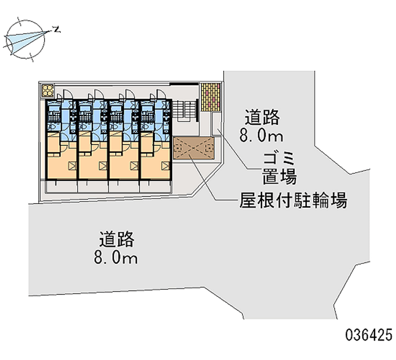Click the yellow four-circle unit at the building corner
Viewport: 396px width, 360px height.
48,90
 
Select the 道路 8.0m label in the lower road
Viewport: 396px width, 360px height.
117,248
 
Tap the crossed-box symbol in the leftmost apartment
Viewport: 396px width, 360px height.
72,166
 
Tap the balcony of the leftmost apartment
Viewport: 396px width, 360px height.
61,186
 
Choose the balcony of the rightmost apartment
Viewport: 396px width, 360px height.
155,186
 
